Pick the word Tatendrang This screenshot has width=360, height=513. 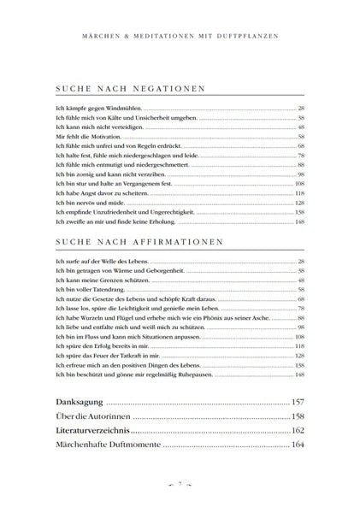coord(91,289)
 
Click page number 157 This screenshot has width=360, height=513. coord(298,401)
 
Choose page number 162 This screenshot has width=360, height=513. coord(298,429)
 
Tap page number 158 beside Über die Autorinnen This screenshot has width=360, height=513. coord(298,416)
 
